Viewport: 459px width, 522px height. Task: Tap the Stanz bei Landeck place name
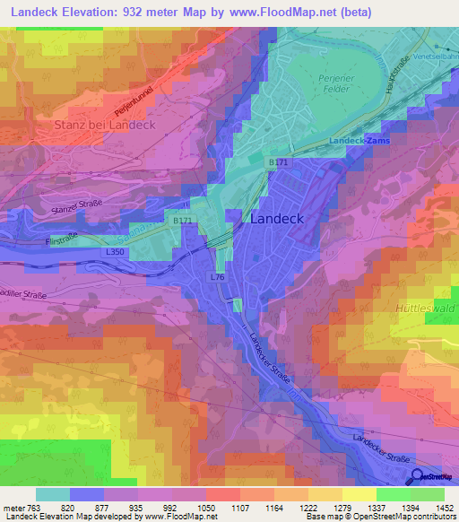coord(104,125)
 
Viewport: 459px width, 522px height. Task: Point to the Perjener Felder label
coord(339,83)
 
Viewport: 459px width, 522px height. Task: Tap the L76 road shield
coord(218,277)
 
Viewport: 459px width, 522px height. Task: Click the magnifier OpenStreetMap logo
coord(418,477)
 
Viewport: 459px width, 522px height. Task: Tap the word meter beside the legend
coord(14,507)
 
